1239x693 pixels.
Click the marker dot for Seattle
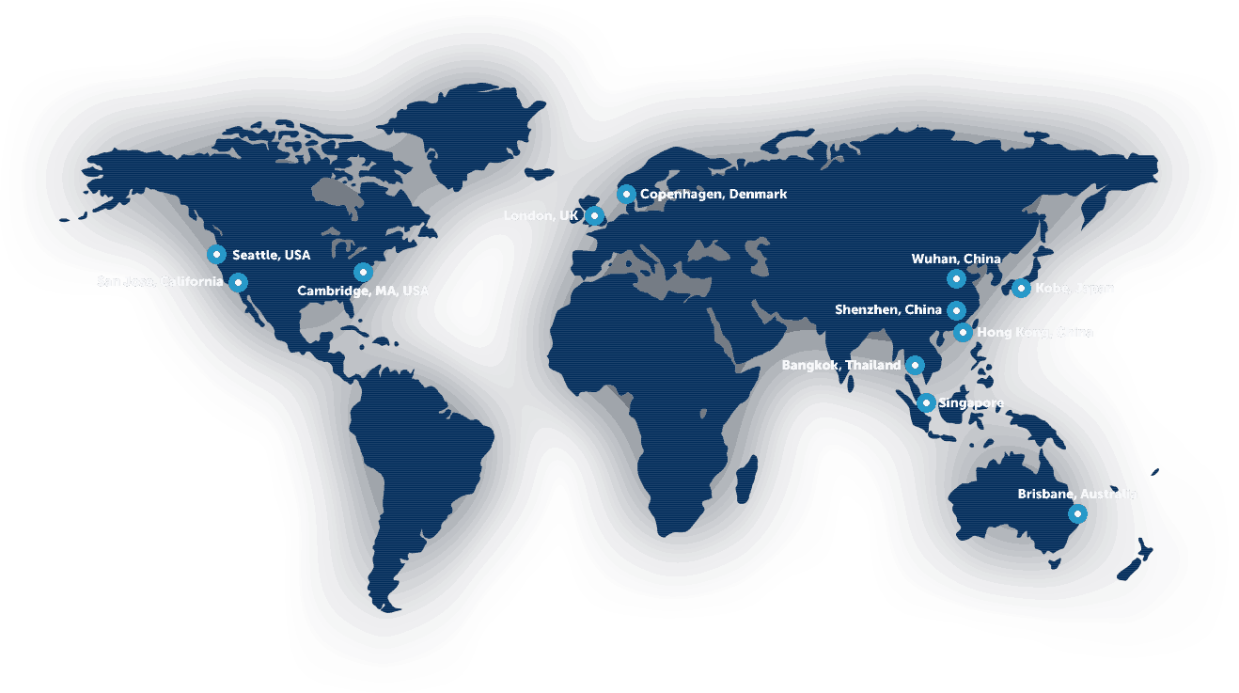pyautogui.click(x=216, y=254)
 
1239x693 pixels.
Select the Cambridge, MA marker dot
pyautogui.click(x=363, y=272)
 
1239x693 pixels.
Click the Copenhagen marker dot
pyautogui.click(x=626, y=194)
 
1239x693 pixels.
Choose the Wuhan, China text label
pyautogui.click(x=956, y=259)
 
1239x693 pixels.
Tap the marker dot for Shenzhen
pyautogui.click(x=956, y=310)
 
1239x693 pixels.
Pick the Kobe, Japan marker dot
pyautogui.click(x=1021, y=288)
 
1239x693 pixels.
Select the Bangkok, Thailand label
pyautogui.click(x=840, y=365)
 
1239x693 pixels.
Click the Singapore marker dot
pyautogui.click(x=926, y=402)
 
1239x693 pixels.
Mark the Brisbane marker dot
pyautogui.click(x=1077, y=513)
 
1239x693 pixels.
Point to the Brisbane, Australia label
pyautogui.click(x=1077, y=494)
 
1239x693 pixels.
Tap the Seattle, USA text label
pyautogui.click(x=271, y=255)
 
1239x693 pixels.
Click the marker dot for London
pyautogui.click(x=594, y=215)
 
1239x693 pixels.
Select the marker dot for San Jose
pyautogui.click(x=239, y=282)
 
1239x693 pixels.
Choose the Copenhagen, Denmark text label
pyautogui.click(x=714, y=194)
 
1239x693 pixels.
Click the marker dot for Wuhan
pyautogui.click(x=956, y=278)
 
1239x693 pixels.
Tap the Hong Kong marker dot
pyautogui.click(x=963, y=332)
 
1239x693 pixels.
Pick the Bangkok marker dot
pyautogui.click(x=915, y=365)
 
